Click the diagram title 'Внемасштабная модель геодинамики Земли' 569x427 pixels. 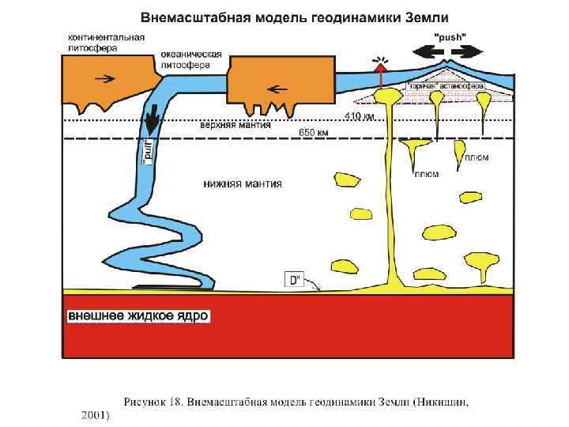pos(295,17)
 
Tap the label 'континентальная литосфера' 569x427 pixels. pos(105,42)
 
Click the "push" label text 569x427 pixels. pos(450,36)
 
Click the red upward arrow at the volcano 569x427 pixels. pos(381,75)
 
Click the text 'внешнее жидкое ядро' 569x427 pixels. pos(138,316)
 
